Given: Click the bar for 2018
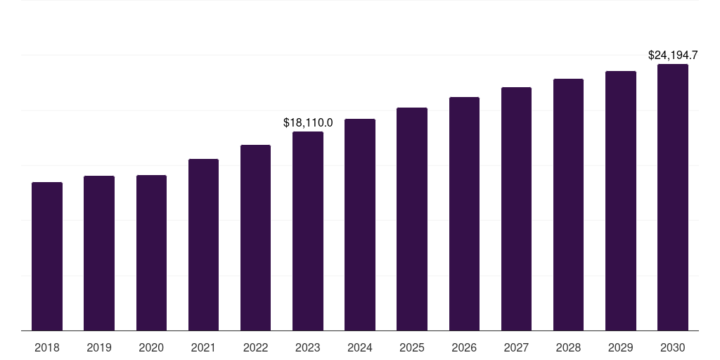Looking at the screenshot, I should [x=47, y=257].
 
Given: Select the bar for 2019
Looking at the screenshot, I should [x=99, y=253].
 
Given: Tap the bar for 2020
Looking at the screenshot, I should [x=151, y=253].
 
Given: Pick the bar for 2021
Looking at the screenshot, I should [x=203, y=245].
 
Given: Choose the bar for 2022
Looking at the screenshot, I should [x=255, y=238].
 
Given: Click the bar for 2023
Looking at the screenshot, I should [x=308, y=231].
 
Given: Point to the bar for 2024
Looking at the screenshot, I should [x=360, y=225].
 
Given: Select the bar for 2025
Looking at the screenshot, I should [x=412, y=219].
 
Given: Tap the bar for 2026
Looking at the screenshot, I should [x=464, y=214].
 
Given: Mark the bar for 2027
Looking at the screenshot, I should [x=516, y=209].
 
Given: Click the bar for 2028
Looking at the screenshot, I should [x=568, y=205].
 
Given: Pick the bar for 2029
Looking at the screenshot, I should [x=621, y=201].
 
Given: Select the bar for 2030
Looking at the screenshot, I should [x=673, y=198].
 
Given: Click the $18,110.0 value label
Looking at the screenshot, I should [x=308, y=122].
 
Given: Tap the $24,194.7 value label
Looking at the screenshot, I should [x=673, y=55].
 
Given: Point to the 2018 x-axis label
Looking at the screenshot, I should [x=47, y=347].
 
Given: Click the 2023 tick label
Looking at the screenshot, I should [x=308, y=347].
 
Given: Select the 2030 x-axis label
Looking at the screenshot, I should [x=673, y=347].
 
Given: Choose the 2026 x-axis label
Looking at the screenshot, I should [x=464, y=347].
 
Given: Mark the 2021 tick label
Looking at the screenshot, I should [x=203, y=347].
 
